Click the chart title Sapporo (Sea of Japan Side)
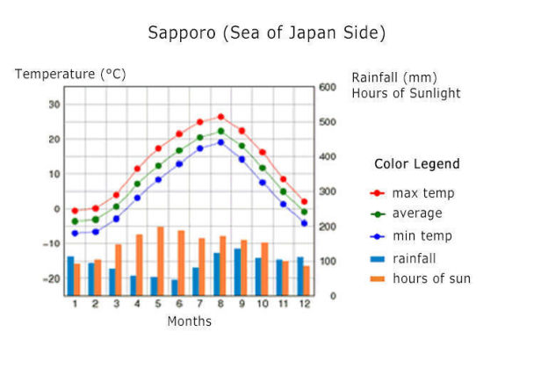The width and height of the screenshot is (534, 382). coord(267,33)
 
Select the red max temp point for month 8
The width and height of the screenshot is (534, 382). coord(220,117)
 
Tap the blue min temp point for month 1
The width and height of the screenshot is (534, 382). coord(75,233)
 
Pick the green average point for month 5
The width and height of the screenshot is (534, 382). coord(158,165)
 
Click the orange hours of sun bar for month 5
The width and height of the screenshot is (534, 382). coord(161,261)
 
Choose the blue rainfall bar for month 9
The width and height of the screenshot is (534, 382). coord(237,272)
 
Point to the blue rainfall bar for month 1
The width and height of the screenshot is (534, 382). coord(71,276)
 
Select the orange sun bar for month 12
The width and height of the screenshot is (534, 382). coord(307,280)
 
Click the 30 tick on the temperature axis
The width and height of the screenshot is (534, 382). coord(54,105)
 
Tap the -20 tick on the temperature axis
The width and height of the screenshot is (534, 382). coord(53,278)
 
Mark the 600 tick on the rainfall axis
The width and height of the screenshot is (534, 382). coord(328,87)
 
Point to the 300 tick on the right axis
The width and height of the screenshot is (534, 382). coord(328,191)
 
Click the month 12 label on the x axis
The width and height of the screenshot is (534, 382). coord(304,305)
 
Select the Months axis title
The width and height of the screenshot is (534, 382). coord(189,321)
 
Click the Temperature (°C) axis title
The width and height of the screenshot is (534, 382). coord(70,75)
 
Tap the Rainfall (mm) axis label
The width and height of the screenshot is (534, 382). coord(393,77)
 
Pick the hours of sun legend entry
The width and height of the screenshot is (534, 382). coord(422,279)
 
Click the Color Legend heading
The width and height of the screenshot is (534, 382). coord(416,164)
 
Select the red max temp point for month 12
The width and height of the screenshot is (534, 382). coord(304,202)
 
